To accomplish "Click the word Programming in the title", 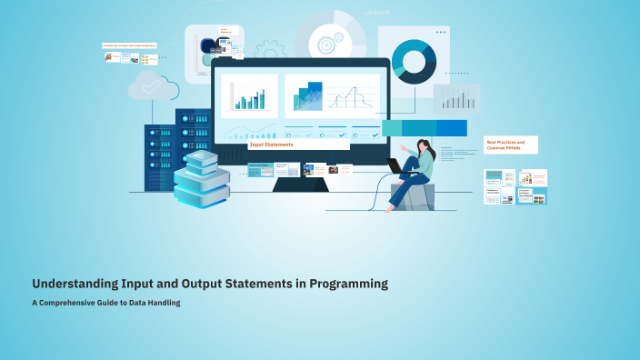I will (x=349, y=284).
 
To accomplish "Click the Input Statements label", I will (x=271, y=145).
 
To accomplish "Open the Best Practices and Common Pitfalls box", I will (x=510, y=145).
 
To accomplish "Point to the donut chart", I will (x=414, y=60).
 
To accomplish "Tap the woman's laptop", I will (x=395, y=166).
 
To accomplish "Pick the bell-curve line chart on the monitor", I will (x=350, y=97).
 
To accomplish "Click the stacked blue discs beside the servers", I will (x=201, y=179).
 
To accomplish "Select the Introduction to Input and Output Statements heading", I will (x=129, y=45).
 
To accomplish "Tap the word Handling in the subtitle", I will (x=164, y=303).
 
